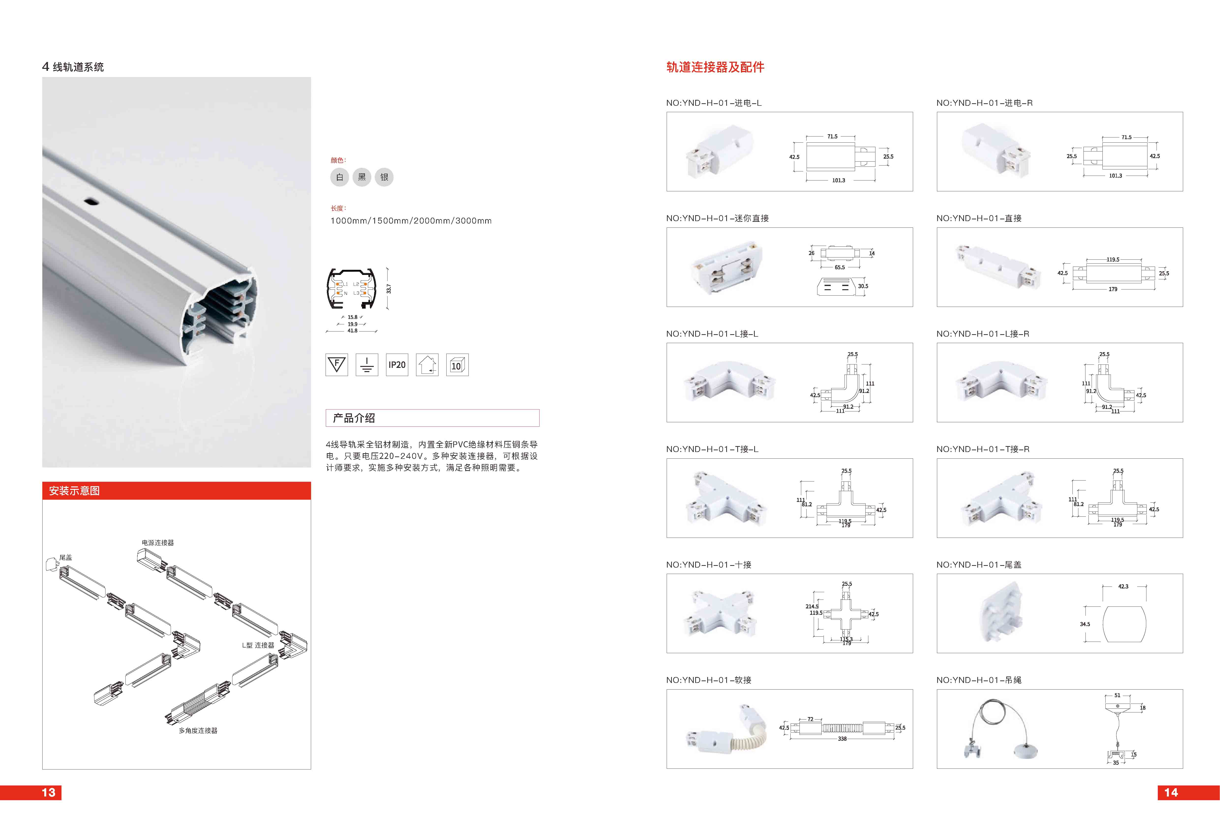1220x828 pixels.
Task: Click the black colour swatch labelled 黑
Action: point(362,177)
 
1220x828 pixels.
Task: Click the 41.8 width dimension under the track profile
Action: point(352,331)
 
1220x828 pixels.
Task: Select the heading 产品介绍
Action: point(354,418)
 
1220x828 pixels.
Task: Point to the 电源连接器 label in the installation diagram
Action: point(157,542)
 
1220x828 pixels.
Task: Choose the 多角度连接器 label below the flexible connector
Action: point(198,730)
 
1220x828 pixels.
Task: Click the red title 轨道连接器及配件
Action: point(715,67)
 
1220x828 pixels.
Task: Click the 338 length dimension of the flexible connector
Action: point(842,739)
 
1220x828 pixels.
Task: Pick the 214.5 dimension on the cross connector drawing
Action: point(812,606)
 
